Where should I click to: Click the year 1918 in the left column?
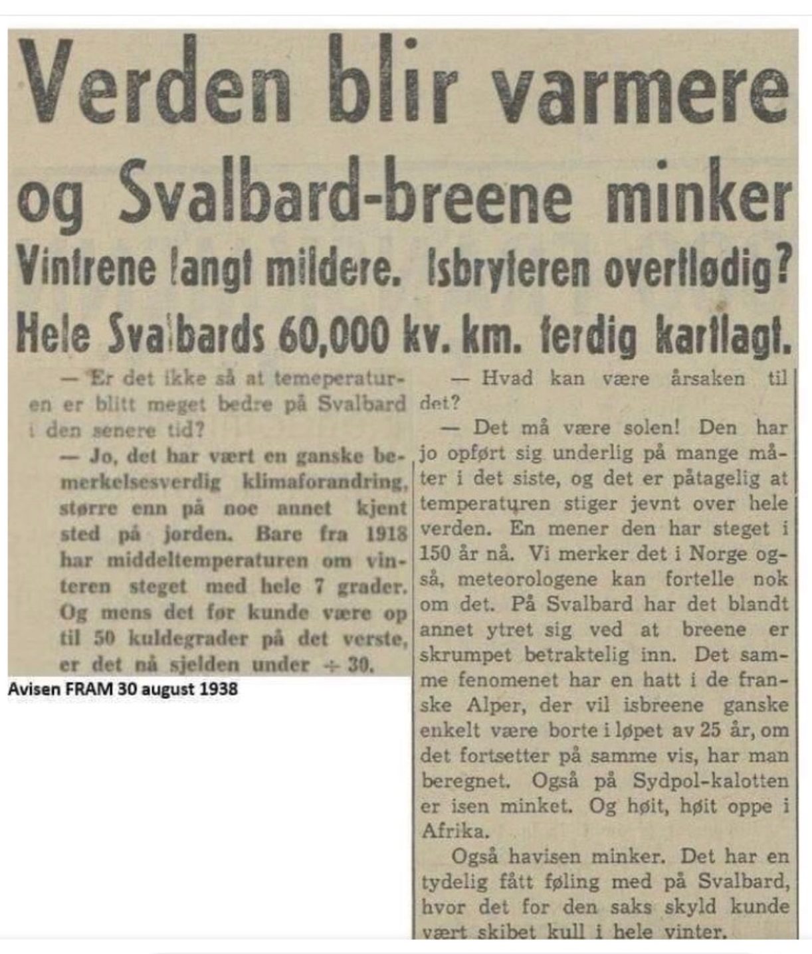pos(386,533)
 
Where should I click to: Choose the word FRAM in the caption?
pos(90,689)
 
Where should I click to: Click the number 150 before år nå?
pos(435,553)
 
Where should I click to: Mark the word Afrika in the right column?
pos(454,831)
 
